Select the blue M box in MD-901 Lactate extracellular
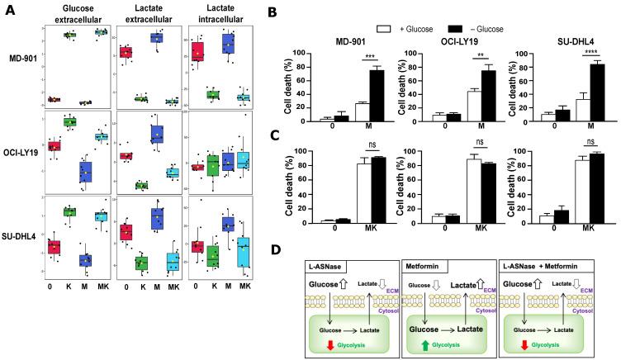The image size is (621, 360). coord(156,37)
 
